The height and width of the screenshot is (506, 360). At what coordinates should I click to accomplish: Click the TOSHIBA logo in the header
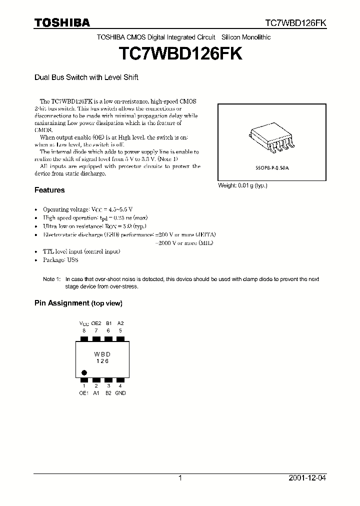click(62, 22)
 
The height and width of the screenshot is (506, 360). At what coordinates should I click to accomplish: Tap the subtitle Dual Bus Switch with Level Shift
click(86, 77)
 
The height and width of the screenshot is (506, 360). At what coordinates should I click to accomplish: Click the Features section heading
click(49, 190)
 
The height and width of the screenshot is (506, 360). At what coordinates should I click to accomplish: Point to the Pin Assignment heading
click(78, 303)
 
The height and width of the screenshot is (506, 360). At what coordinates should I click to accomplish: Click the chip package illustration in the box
click(271, 137)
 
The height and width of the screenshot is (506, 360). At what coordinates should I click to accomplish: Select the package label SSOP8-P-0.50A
click(272, 169)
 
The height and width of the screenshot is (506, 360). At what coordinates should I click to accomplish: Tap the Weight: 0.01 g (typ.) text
click(243, 185)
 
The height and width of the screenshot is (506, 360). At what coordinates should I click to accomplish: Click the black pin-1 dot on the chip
click(84, 372)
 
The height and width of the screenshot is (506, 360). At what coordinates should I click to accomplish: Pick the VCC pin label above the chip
click(84, 323)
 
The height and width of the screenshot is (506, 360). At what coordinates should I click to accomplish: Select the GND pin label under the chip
click(120, 393)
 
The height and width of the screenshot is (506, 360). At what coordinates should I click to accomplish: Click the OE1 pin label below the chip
click(84, 393)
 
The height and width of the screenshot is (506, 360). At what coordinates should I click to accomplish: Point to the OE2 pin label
click(96, 323)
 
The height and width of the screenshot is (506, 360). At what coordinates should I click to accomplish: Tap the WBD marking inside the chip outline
click(102, 354)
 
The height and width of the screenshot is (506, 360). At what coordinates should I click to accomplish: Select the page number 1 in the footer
click(179, 478)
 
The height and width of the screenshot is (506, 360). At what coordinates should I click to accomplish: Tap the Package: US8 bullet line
click(60, 260)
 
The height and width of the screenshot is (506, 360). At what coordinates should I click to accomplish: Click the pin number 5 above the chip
click(120, 330)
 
